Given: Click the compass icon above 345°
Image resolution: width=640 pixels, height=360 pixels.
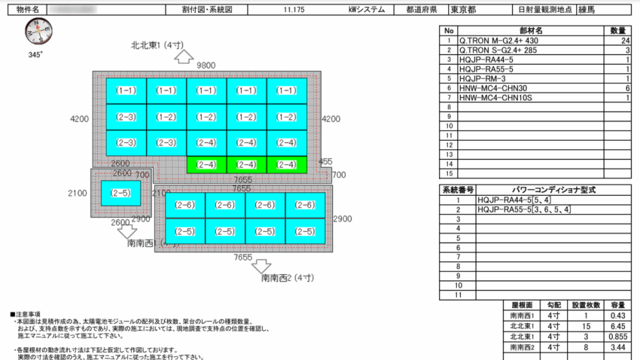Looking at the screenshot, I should point(35,32).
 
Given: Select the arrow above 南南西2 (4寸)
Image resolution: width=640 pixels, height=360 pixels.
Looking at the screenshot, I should point(261,265).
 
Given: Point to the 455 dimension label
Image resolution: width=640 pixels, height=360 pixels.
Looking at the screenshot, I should point(325,161).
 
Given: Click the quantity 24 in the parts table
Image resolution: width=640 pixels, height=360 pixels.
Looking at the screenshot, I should point(625,41).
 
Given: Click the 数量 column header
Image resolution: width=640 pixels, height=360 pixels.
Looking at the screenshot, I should point(618,31).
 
